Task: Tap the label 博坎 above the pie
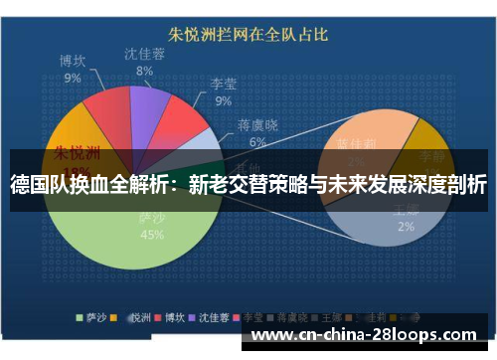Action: coord(72,62)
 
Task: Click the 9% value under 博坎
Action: coord(72,78)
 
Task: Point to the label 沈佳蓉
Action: coord(144,54)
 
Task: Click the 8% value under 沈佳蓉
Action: coord(144,71)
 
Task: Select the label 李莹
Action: coord(223,86)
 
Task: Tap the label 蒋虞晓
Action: coord(257,126)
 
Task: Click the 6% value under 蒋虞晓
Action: coord(257,141)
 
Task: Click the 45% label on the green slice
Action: coord(152,235)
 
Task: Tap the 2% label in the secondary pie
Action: coord(406,226)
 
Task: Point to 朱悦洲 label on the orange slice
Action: coord(75,154)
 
